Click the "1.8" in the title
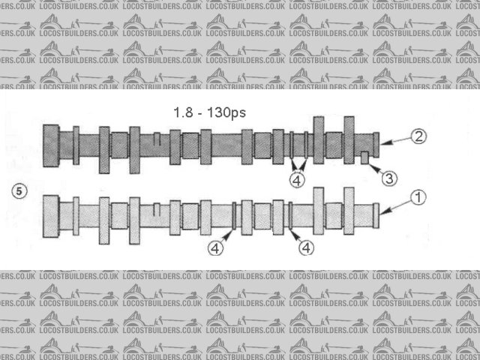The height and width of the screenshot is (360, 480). pyautogui.click(x=183, y=112)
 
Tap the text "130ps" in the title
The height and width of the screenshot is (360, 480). pyautogui.click(x=226, y=113)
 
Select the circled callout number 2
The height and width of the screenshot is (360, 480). pyautogui.click(x=418, y=136)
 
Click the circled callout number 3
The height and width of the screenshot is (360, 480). pyautogui.click(x=389, y=178)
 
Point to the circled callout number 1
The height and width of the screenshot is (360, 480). pyautogui.click(x=418, y=197)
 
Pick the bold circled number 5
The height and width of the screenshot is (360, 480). pyautogui.click(x=19, y=191)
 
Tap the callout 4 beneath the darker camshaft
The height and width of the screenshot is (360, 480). pyautogui.click(x=297, y=180)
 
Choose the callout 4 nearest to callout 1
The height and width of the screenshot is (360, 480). pyautogui.click(x=306, y=247)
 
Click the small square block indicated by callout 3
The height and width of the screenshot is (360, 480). pyautogui.click(x=364, y=157)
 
